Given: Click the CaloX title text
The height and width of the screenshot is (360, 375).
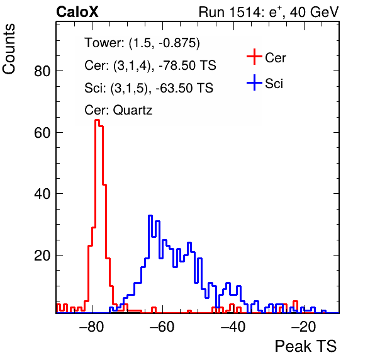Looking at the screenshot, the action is [x=77, y=12].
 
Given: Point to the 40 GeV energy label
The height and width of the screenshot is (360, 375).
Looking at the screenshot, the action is [x=314, y=12].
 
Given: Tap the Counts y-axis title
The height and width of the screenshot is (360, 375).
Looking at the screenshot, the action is [x=9, y=49].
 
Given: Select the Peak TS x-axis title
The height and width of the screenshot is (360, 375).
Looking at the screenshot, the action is [x=306, y=346].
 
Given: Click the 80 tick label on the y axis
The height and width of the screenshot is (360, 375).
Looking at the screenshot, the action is [x=42, y=71].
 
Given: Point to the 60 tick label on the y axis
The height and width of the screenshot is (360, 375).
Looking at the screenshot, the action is [x=42, y=133].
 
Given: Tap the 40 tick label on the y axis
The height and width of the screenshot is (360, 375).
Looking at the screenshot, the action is [x=42, y=194].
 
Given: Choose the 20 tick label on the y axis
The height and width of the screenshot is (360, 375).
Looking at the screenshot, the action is [x=42, y=256].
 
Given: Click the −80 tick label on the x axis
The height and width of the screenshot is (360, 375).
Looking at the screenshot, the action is [x=92, y=327].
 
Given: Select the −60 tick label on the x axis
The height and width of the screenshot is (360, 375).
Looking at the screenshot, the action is [x=162, y=327].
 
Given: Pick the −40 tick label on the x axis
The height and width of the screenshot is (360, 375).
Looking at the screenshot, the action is [x=233, y=327].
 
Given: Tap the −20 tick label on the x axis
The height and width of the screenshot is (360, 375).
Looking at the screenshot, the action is [x=304, y=327].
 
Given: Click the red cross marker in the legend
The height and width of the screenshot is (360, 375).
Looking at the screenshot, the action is [x=254, y=57].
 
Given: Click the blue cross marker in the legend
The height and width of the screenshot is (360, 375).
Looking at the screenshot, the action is [x=254, y=82].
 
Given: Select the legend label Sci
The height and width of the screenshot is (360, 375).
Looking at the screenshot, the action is [x=274, y=84].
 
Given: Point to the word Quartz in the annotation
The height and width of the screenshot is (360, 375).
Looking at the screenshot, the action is [x=133, y=110].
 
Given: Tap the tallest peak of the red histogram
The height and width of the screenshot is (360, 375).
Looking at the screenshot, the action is [x=97, y=120].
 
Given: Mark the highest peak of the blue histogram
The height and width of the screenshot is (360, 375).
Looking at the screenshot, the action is [x=150, y=216].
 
